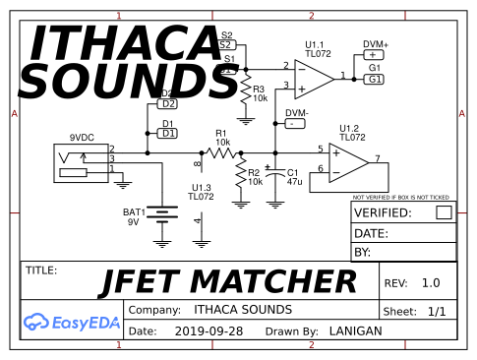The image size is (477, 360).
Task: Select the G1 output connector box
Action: (x=375, y=79)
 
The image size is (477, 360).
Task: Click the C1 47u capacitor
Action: (x=277, y=177)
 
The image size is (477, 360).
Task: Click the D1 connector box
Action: (x=168, y=133)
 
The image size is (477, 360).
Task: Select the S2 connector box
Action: (x=225, y=44)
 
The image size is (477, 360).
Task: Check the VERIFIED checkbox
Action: (x=444, y=211)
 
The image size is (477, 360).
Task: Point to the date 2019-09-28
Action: (x=209, y=331)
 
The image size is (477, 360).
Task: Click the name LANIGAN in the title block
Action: (x=355, y=331)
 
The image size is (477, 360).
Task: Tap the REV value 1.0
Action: (x=430, y=283)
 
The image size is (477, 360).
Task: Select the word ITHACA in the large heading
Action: (x=123, y=44)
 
